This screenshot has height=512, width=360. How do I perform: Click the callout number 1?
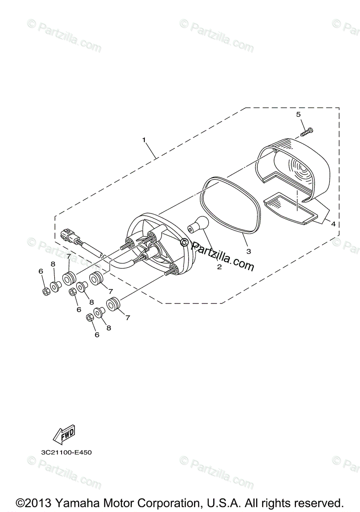(144, 140)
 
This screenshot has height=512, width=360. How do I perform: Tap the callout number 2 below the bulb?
(219, 268)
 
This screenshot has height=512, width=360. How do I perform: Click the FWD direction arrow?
(63, 434)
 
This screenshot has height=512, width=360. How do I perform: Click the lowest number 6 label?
(97, 335)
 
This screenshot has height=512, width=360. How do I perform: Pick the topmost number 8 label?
(53, 265)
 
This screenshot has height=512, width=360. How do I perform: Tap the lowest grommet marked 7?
(114, 306)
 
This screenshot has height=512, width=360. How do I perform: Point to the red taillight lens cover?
(295, 166)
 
